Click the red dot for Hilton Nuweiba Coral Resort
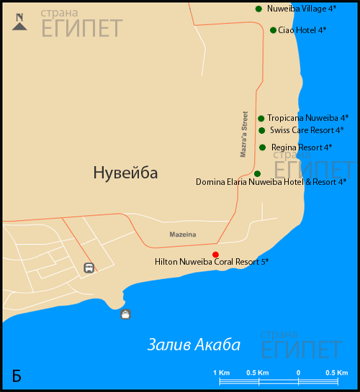215,255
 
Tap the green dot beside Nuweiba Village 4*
258,9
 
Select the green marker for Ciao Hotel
273,30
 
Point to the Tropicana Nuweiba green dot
261,118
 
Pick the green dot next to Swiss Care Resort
262,130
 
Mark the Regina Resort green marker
262,147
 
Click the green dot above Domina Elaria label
257,173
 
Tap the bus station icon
89,268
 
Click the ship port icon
126,314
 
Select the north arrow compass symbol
20,22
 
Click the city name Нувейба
125,173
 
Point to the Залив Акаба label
194,345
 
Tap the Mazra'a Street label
243,135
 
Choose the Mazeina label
182,235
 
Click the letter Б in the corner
17,375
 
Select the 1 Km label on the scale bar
222,372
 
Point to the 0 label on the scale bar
298,372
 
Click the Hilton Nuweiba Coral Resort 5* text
212,263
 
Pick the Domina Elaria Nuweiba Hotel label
271,182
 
